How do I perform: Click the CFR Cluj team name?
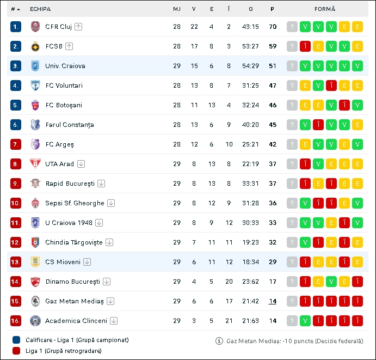click(59, 27)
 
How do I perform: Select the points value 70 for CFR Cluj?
click(273, 27)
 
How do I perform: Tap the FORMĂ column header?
click(325, 9)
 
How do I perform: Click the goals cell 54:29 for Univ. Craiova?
click(250, 66)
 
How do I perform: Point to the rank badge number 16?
click(16, 321)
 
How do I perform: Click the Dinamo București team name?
click(72, 282)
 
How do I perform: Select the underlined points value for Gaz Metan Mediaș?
click(273, 301)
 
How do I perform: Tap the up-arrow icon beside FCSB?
click(69, 46)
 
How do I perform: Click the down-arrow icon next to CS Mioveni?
click(87, 262)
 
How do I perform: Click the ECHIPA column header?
click(40, 9)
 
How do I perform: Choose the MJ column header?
click(177, 9)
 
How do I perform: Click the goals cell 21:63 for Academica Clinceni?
click(250, 321)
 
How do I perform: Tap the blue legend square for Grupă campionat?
click(16, 340)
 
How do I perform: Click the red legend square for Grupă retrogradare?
click(16, 351)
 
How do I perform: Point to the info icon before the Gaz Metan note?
click(219, 341)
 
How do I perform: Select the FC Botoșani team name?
click(64, 105)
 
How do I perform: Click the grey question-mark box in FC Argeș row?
click(292, 144)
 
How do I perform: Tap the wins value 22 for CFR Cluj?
click(194, 27)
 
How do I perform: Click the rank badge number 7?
click(16, 144)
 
